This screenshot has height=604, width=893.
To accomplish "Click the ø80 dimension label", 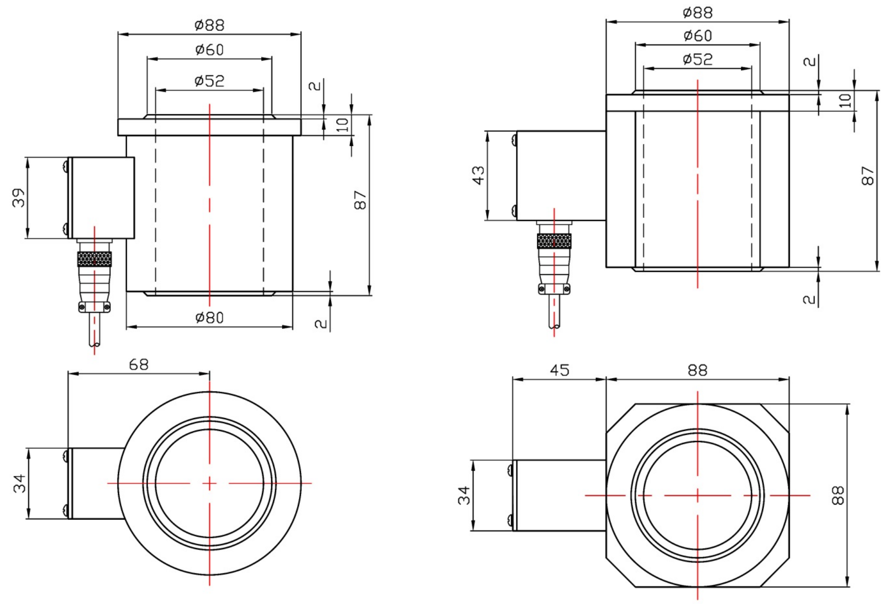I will [210, 317].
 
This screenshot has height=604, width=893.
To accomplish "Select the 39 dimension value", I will [19, 197].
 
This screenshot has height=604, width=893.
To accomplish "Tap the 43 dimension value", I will [478, 175].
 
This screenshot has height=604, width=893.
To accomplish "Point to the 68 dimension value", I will [139, 365].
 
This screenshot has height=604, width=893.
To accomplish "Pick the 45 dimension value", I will [560, 370].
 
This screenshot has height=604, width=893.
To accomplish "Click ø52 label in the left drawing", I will [210, 81].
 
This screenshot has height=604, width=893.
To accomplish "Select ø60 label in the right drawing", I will [698, 35].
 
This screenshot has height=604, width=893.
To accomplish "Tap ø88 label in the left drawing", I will [210, 25].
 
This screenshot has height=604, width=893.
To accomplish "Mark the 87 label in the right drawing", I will [868, 175].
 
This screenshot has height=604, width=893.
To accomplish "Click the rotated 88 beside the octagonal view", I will [838, 495].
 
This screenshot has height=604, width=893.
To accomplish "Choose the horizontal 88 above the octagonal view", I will [698, 370].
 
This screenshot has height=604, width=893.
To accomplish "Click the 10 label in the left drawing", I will [342, 125].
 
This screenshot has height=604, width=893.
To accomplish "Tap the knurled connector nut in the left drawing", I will [95, 259].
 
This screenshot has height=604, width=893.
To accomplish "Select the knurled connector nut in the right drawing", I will [554, 241].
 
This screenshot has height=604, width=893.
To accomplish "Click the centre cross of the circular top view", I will [209, 484].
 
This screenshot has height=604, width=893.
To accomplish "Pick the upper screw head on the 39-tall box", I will [65, 166].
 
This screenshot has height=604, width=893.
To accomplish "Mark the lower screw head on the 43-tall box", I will [513, 209].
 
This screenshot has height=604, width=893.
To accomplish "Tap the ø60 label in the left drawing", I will [210, 49].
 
